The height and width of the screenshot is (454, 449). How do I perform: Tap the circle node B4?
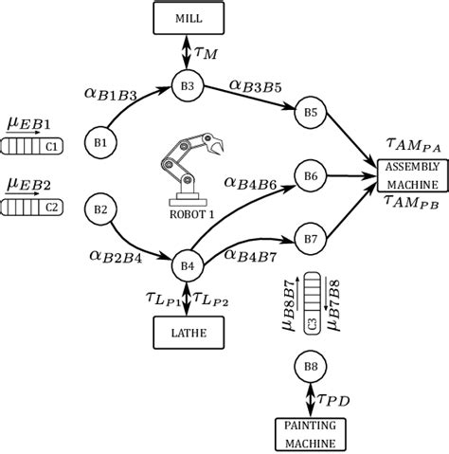coord(187,266)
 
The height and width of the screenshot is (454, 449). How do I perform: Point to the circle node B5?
coord(310,111)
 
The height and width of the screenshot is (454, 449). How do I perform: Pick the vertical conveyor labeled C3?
coord(311,309)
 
